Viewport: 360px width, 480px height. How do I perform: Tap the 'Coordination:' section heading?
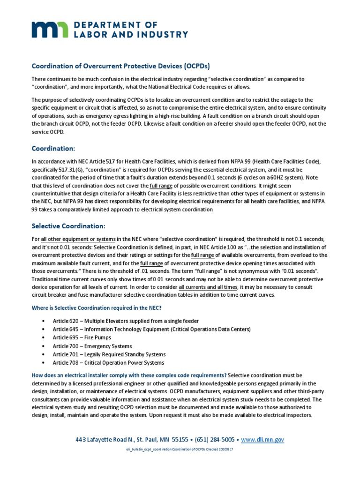(x=53, y=148)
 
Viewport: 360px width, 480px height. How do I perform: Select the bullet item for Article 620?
(x=126, y=321)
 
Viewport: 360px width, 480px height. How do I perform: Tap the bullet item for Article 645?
(x=151, y=329)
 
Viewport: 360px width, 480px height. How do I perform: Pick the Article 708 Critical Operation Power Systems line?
(x=108, y=363)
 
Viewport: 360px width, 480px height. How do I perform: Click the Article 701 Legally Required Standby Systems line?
(x=109, y=354)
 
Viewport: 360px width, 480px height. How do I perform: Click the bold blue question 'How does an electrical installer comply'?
(x=128, y=375)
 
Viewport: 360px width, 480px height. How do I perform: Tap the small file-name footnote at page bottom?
(x=180, y=450)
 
